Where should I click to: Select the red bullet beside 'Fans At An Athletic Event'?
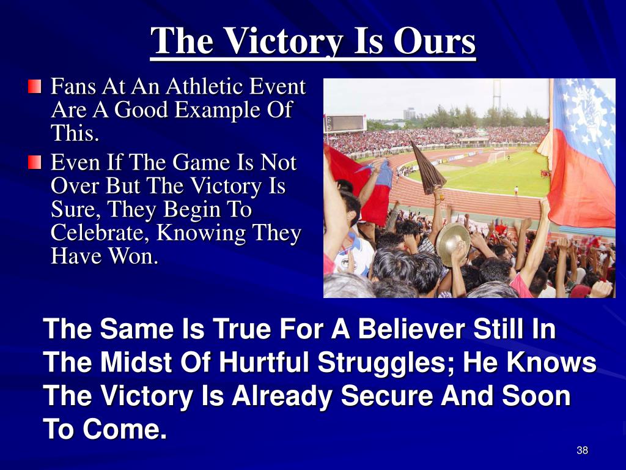point(35,86)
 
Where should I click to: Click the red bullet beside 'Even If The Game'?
point(35,162)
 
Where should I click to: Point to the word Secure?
point(387,396)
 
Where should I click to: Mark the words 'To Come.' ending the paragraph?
point(105,429)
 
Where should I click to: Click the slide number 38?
point(582,450)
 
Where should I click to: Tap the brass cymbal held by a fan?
point(452,244)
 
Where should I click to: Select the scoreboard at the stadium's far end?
point(346,123)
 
